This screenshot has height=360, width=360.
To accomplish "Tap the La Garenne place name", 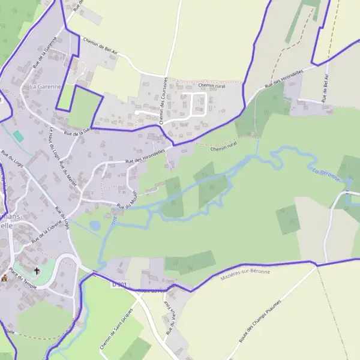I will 46,87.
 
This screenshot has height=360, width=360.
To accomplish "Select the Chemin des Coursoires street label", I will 163,100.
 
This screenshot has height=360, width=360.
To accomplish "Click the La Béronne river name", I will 327,175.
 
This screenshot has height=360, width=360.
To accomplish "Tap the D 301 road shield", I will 119,284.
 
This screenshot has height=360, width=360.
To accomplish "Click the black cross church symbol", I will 37,271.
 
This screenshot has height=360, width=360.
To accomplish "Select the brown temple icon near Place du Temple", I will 5,278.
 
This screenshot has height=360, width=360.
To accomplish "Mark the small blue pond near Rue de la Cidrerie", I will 95,226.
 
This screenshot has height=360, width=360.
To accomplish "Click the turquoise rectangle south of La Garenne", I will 19,136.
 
